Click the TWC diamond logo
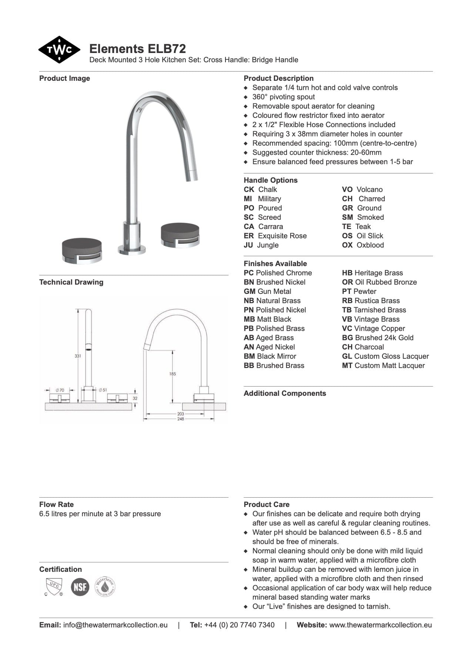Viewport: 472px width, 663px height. (59, 50)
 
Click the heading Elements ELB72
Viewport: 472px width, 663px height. (137, 49)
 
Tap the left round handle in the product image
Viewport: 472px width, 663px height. (82, 251)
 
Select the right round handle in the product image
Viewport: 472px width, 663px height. (180, 234)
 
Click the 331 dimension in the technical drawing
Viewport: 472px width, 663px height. (78, 356)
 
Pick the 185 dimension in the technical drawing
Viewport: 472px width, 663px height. (173, 374)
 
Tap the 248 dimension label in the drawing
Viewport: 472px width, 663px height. (180, 419)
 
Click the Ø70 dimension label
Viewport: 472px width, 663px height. (60, 390)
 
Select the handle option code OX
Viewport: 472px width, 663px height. (347, 245)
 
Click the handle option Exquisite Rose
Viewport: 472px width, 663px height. (282, 236)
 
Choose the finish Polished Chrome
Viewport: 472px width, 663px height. (284, 273)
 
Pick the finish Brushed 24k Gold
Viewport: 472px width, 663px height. (384, 338)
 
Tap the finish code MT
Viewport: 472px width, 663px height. (347, 365)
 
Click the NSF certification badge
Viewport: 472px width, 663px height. (80, 587)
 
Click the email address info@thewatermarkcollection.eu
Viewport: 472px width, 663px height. (115, 625)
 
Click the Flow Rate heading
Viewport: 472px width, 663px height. (56, 504)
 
